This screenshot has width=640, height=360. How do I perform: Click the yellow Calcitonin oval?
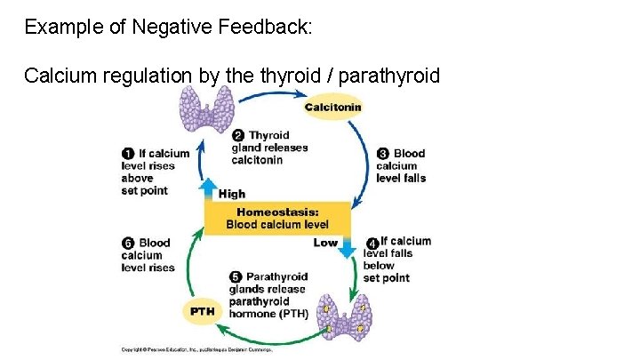(x=332, y=108)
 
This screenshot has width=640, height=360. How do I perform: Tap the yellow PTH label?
(x=202, y=311)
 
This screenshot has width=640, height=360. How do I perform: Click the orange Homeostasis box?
(x=276, y=218)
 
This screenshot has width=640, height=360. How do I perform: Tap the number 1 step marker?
(x=128, y=153)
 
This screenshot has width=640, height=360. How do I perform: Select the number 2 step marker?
(x=237, y=135)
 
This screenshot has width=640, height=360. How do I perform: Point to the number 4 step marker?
(x=372, y=242)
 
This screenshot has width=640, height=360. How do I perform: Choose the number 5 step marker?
(x=236, y=276)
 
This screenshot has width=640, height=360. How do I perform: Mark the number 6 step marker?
(x=128, y=243)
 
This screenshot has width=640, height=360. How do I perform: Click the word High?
(x=232, y=194)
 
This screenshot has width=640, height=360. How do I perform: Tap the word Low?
(x=325, y=243)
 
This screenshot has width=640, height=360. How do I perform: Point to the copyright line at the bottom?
(x=196, y=349)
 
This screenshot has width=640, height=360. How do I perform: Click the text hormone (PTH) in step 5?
(x=268, y=313)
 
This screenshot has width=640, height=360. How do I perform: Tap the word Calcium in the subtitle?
(x=56, y=76)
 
